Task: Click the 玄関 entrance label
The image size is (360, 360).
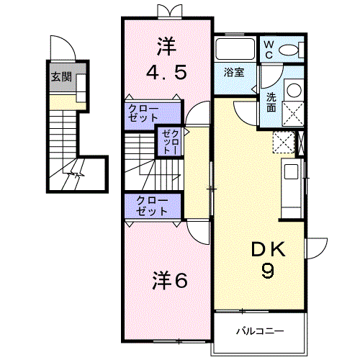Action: (60, 77)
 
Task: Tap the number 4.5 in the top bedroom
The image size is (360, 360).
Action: (166, 72)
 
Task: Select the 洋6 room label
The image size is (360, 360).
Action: (170, 280)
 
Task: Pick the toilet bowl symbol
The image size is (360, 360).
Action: (291, 50)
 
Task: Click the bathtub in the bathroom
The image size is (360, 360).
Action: (235, 50)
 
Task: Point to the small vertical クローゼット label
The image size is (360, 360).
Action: (168, 141)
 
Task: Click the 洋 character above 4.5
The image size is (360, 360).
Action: (166, 45)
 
